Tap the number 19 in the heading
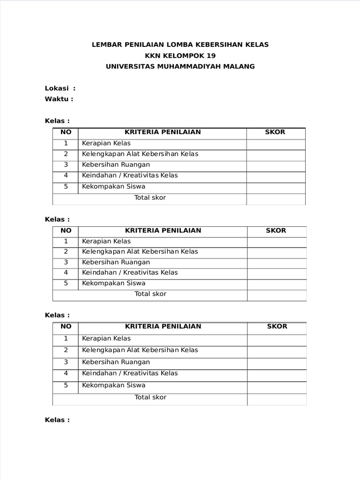click(211, 55)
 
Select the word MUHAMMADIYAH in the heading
click(184, 67)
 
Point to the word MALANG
click(240, 67)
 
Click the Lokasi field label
click(57, 88)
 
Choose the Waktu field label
click(57, 99)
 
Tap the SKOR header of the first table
click(275, 132)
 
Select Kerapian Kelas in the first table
click(106, 143)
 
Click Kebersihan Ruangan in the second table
click(116, 262)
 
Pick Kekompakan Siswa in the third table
click(114, 385)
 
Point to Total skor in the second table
click(150, 294)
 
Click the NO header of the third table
click(66, 326)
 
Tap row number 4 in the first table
click(66, 175)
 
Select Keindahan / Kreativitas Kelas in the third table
click(130, 374)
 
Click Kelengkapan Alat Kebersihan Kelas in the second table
click(140, 252)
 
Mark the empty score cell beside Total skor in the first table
click(276, 198)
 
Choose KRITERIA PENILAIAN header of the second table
click(163, 230)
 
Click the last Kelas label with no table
click(57, 420)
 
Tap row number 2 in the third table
click(66, 350)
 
